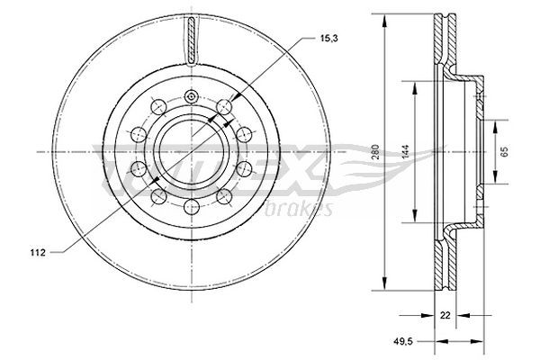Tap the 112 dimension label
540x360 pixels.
(x=36, y=252)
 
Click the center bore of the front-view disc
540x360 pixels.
(x=191, y=151)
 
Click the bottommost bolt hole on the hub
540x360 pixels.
(x=191, y=208)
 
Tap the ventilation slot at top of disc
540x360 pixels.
(x=191, y=40)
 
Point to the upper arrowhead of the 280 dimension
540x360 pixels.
(x=385, y=19)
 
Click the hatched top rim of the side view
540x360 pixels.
(x=441, y=36)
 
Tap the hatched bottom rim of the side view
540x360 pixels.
(x=441, y=265)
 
